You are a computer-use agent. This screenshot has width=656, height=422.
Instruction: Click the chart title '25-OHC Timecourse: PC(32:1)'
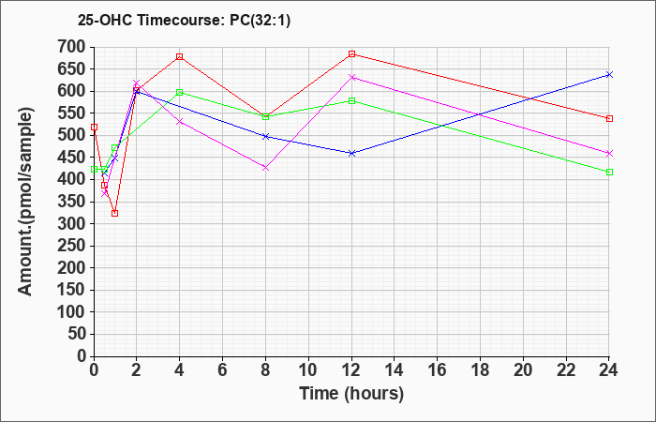pos(184,20)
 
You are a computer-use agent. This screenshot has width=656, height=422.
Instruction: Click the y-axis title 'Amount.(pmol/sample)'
pos(25,202)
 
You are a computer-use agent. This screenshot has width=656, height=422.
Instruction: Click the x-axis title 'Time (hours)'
pos(351,394)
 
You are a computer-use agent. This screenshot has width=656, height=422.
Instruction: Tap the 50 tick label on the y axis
pos(78,334)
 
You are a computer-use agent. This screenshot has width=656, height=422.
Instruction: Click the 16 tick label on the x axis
pos(438,369)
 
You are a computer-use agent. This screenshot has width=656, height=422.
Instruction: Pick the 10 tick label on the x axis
pos(308,369)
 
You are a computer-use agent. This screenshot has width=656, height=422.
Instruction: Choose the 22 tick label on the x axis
pos(566,369)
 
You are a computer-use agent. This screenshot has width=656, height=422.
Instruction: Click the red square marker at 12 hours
pos(351,54)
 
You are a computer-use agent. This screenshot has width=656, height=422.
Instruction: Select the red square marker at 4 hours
pos(180,56)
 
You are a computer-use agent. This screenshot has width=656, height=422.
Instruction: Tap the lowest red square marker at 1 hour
pos(115,213)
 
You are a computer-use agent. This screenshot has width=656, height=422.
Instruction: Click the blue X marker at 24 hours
pos(609,74)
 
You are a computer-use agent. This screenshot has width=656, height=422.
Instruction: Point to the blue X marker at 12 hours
pos(351,153)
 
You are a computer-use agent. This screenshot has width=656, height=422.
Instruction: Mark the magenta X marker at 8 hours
pos(265,168)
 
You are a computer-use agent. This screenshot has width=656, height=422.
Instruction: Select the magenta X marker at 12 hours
pos(351,78)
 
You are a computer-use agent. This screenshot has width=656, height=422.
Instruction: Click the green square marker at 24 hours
pos(609,172)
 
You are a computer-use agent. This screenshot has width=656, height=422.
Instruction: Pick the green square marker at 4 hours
pos(180,92)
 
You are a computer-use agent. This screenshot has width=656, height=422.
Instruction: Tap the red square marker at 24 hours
pos(609,118)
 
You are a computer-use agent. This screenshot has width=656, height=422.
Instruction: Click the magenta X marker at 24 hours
pos(609,153)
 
